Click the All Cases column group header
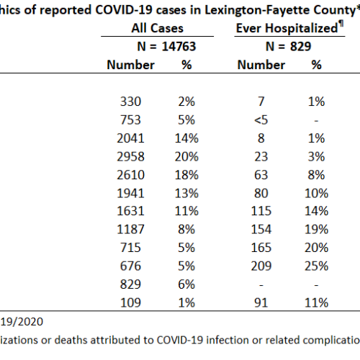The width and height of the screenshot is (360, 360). click(157, 28)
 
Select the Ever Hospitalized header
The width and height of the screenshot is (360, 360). click(287, 28)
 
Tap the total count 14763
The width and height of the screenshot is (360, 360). click(179, 46)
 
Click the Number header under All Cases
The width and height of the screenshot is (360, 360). click(130, 65)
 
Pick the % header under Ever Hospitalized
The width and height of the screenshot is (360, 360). click(316, 65)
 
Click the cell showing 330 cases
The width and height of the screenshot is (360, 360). click(130, 102)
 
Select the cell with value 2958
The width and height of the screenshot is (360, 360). click(130, 156)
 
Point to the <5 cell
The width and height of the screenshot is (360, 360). click(261, 120)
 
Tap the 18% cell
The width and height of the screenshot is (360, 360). click(186, 175)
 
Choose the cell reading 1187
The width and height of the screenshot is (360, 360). click(130, 229)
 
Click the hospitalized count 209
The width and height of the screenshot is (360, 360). click(261, 266)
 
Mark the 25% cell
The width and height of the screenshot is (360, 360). click(316, 266)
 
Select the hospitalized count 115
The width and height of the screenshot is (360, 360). click(261, 211)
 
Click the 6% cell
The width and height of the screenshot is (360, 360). click(186, 284)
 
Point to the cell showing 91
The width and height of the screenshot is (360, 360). click(261, 302)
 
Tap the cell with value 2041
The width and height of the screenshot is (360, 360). click(130, 138)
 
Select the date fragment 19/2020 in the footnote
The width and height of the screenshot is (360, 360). click(22, 322)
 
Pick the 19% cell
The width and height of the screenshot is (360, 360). click(316, 229)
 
